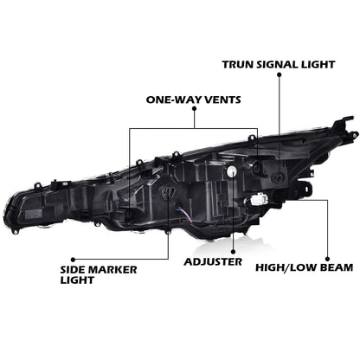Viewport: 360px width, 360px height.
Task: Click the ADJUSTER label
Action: pos(213,262)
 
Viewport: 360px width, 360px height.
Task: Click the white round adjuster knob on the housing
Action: pos(231,171)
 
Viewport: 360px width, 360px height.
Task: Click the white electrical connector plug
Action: pos(258,199)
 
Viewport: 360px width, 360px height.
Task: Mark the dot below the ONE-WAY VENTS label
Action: pos(194,109)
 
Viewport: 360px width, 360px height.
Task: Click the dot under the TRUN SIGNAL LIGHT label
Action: pos(279,74)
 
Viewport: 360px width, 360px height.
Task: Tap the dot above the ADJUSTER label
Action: pos(233,252)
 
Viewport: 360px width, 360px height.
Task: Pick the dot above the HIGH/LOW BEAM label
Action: pos(327,259)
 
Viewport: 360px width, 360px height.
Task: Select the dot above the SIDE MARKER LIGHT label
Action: pos(73,259)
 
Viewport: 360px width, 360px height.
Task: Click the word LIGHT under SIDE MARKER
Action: pos(77,280)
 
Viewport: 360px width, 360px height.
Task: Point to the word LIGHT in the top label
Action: pos(318,65)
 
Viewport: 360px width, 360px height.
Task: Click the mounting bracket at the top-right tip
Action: pos(344,127)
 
